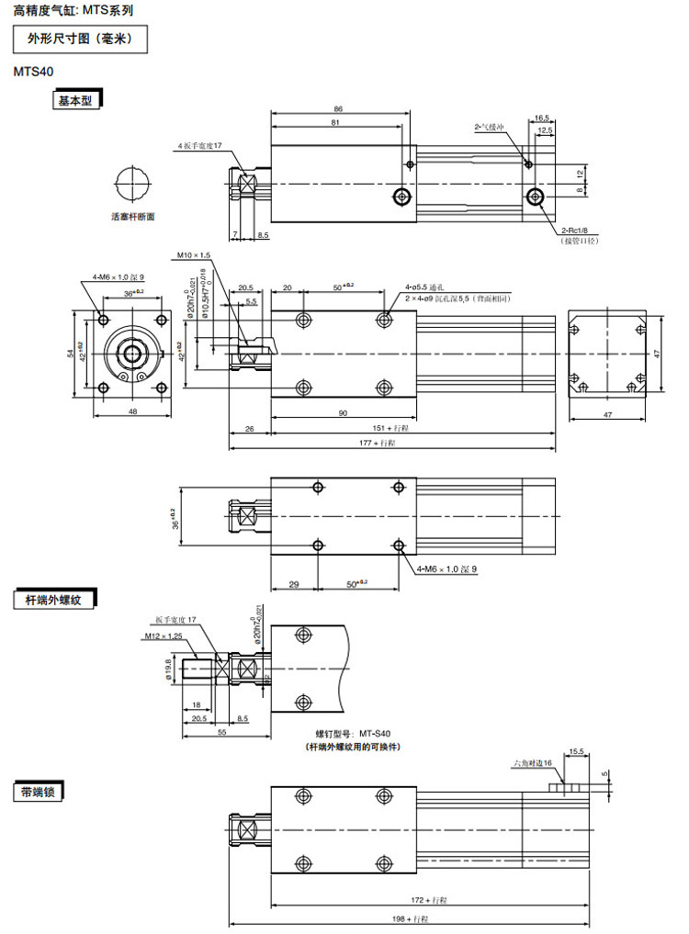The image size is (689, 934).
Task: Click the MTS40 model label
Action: [33, 70]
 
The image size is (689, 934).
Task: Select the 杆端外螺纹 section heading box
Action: [54, 601]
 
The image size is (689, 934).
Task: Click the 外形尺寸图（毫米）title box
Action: [79, 39]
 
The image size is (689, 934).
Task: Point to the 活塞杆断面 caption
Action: [132, 218]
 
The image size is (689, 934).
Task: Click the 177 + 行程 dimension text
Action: [377, 443]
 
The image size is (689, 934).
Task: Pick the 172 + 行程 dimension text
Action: [428, 899]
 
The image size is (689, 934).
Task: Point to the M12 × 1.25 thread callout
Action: [164, 636]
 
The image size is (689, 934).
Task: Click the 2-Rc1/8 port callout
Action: [579, 231]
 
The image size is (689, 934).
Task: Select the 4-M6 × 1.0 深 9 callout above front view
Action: [118, 276]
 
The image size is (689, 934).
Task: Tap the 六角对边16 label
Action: [532, 763]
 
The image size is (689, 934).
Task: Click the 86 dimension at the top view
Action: [338, 108]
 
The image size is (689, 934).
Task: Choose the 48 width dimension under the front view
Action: [132, 412]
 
